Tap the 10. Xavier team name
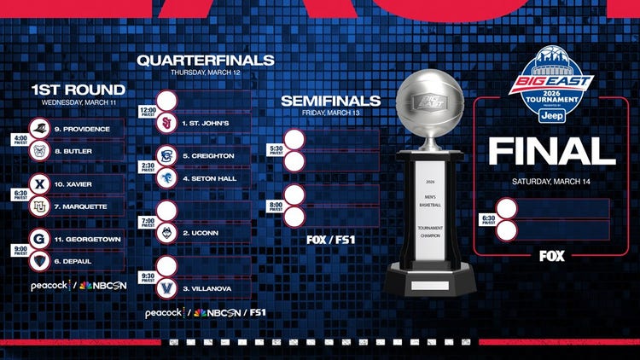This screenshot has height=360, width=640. pos(73,184)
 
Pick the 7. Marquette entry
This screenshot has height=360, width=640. pos(78,206)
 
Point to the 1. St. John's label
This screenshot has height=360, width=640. pos(206,123)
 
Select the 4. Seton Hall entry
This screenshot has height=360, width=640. pos(209,177)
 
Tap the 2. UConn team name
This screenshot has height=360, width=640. pos(199,233)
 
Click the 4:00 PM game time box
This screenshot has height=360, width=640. pos(19,140)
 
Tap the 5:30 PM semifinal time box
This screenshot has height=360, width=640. pos(276,149)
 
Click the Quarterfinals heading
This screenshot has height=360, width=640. pos(206,61)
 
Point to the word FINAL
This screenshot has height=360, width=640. pos(551,152)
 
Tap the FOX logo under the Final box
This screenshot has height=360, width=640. pos(551,254)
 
